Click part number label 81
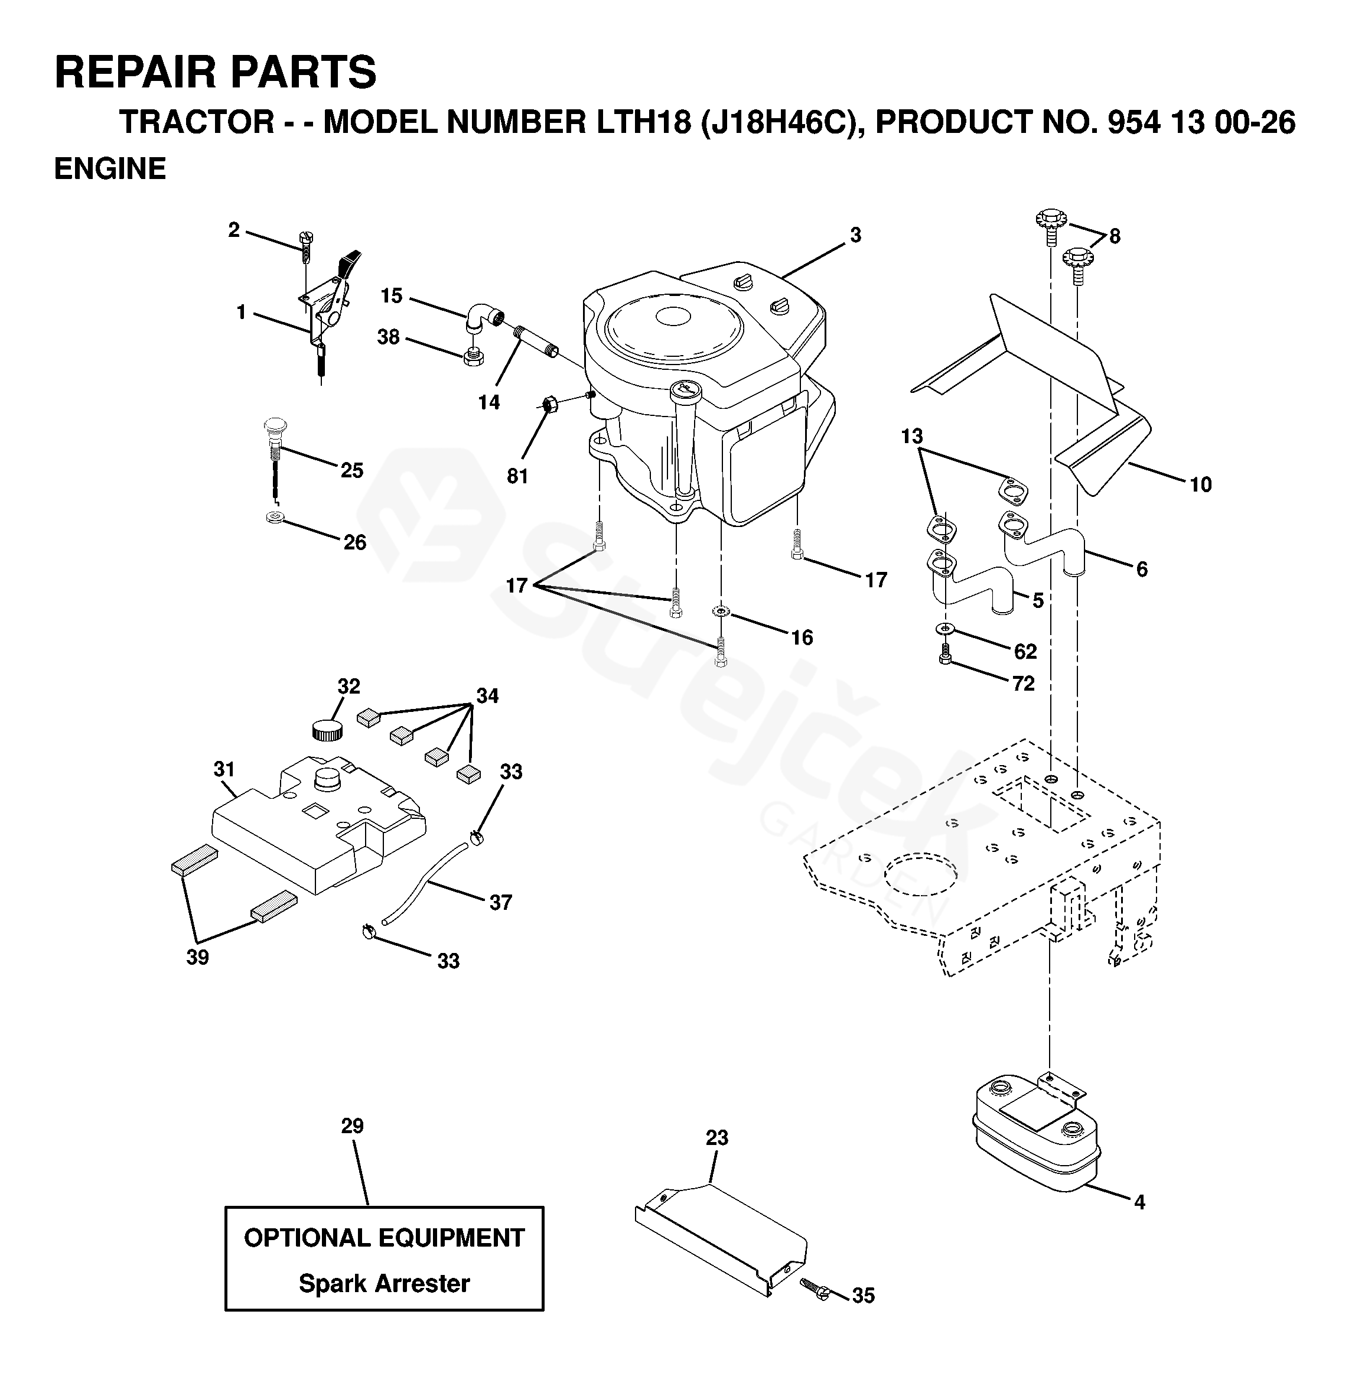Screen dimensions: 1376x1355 517,476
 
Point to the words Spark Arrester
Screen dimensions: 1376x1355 385,1283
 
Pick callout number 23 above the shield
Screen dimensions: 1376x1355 716,1137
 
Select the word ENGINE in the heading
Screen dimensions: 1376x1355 110,169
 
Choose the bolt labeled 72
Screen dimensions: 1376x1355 945,653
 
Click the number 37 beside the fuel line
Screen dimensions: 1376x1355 500,903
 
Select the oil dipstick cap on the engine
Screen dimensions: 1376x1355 685,389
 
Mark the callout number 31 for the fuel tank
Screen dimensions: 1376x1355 224,769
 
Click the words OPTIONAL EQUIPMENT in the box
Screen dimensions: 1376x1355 385,1238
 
